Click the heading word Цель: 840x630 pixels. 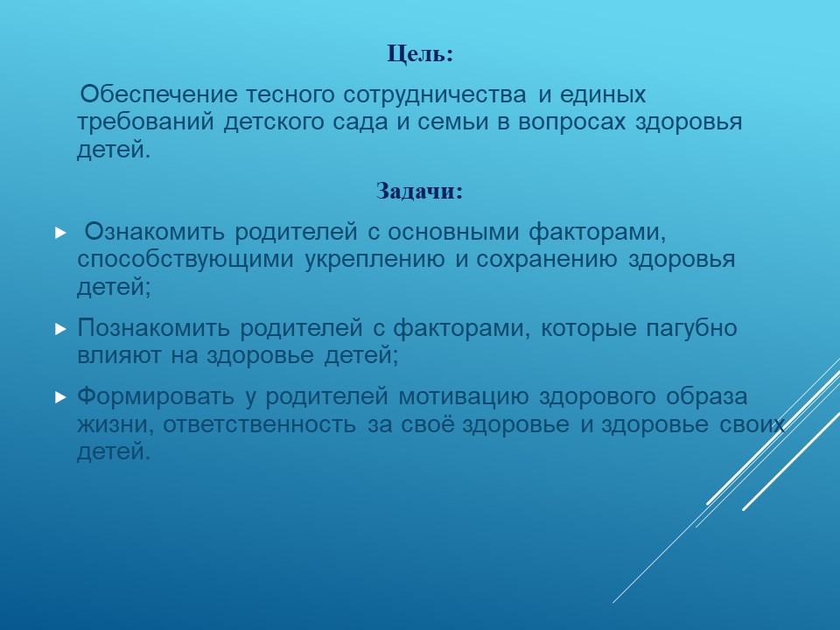pos(420,54)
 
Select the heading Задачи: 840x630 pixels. pos(419,192)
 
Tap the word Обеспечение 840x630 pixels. pos(158,94)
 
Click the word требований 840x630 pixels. pos(144,122)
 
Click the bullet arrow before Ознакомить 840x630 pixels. pos(60,233)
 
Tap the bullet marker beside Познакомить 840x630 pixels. pos(60,329)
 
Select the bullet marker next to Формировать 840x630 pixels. pos(60,397)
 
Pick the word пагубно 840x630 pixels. pos(691,328)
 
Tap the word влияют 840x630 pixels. pos(118,356)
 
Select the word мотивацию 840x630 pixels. pos(463,398)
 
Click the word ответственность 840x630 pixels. pos(259,425)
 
